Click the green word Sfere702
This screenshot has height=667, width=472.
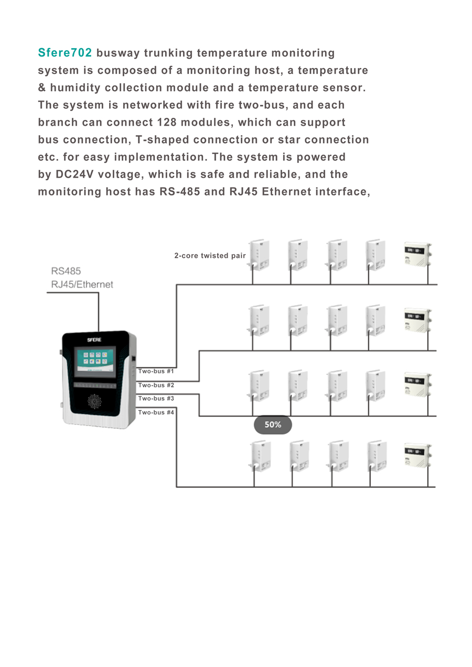65,53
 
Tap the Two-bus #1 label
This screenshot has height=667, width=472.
156,371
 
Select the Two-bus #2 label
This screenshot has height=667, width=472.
156,385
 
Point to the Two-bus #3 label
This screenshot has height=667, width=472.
156,399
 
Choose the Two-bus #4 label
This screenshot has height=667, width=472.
156,412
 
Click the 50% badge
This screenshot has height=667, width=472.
273,425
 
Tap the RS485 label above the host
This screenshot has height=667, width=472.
66,271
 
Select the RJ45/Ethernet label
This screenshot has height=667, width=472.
82,285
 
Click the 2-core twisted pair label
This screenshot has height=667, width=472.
210,256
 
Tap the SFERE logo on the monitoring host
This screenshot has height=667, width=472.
94,340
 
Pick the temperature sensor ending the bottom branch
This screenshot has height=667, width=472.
416,455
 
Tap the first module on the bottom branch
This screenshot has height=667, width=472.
260,456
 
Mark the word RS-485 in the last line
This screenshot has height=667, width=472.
180,192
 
